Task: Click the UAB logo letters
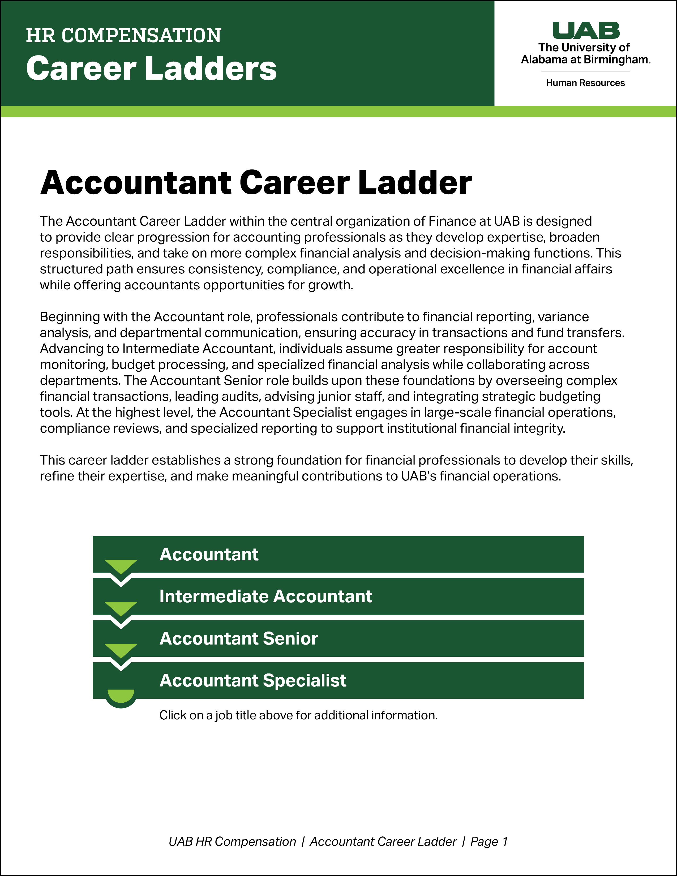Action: (x=586, y=31)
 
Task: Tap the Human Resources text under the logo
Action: (x=585, y=83)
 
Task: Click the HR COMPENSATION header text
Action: (x=123, y=36)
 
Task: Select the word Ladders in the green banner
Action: (x=211, y=68)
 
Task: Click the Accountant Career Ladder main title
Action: (x=256, y=183)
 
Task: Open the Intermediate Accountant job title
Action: (x=265, y=596)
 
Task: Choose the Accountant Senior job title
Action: (x=239, y=638)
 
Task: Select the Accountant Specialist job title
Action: (x=253, y=681)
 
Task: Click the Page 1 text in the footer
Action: (x=489, y=841)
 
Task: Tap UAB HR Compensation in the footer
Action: (x=232, y=841)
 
